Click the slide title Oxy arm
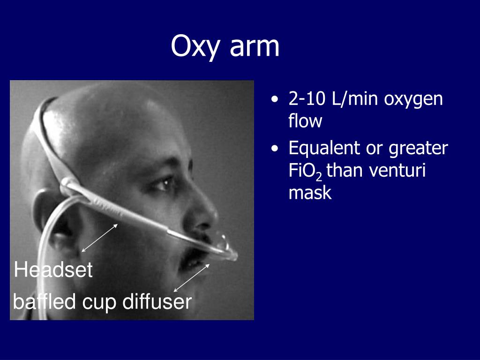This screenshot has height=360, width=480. (225, 47)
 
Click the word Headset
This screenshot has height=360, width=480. (53, 270)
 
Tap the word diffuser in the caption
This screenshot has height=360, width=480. (157, 302)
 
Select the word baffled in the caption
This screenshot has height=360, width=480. (45, 302)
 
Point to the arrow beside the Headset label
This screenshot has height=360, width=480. (99, 238)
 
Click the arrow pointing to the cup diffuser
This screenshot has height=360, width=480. (192, 278)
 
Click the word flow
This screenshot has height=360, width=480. (305, 121)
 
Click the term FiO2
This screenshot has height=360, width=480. (305, 172)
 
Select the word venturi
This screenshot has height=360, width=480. (397, 171)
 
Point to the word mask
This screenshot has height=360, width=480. (310, 193)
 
